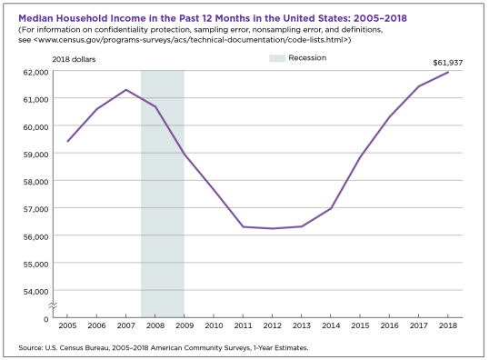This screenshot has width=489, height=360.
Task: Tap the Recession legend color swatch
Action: tap(278, 58)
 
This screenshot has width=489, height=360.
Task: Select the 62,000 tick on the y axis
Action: tap(34, 71)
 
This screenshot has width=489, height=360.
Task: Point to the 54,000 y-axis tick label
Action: tap(34, 291)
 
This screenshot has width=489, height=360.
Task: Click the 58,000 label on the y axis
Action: tap(34, 181)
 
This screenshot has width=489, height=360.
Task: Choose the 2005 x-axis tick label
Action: tap(67, 325)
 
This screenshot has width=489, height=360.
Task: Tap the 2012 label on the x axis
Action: tap(272, 325)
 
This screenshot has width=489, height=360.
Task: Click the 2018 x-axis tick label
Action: tap(448, 325)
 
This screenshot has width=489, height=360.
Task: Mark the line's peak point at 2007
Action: tap(125, 90)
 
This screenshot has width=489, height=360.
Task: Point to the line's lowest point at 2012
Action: tap(272, 228)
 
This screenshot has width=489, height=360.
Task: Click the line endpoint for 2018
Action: tap(448, 73)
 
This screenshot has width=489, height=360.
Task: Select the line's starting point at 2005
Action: tap(67, 142)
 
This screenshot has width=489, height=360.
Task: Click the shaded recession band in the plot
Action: tap(162, 200)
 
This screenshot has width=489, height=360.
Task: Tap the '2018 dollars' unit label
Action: tap(75, 59)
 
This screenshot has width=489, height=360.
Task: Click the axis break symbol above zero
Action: tap(54, 305)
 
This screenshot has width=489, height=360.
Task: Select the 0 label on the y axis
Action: tap(44, 318)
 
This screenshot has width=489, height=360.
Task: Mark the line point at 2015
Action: tap(360, 157)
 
